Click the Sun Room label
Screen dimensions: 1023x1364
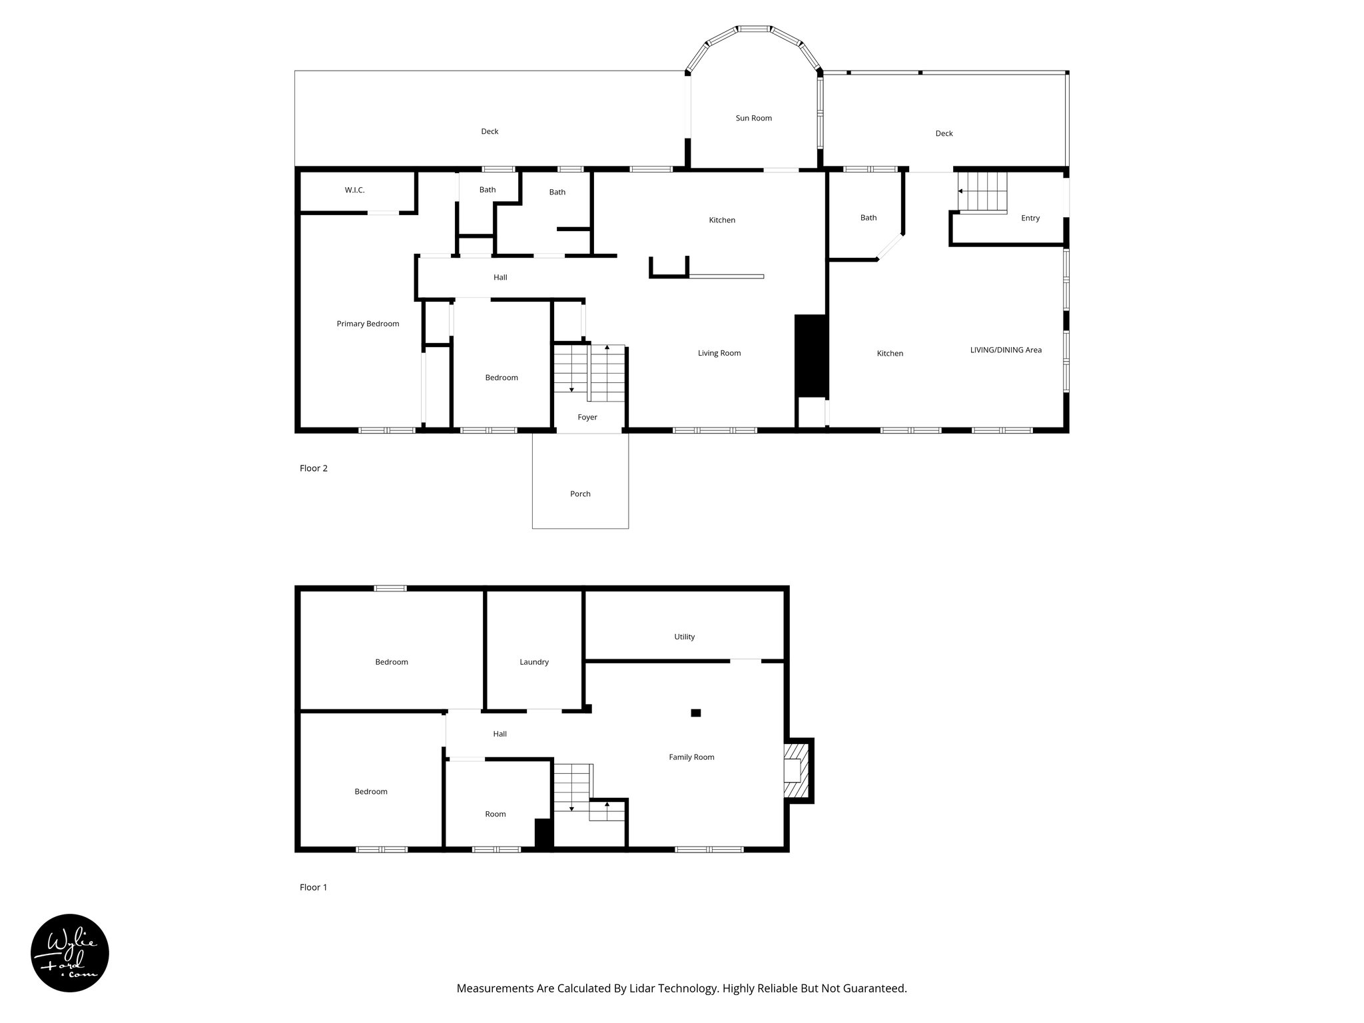point(753,119)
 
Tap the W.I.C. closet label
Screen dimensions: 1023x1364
point(354,190)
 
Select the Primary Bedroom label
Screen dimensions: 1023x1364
point(368,324)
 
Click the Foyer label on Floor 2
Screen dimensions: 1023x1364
point(587,418)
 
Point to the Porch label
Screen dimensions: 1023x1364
point(580,494)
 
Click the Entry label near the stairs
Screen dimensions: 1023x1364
point(1030,218)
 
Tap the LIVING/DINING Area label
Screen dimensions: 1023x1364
point(1005,350)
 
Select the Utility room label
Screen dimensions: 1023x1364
point(684,637)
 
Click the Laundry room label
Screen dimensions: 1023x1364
point(533,662)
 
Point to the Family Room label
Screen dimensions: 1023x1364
point(691,757)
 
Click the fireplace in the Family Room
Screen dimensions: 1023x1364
point(797,771)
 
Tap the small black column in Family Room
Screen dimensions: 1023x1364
point(695,713)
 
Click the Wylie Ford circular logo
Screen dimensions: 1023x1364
point(70,953)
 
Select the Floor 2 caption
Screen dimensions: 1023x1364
point(313,468)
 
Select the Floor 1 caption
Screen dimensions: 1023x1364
point(313,887)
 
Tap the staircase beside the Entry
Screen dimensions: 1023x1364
point(982,191)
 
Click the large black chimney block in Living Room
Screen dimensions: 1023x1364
point(811,356)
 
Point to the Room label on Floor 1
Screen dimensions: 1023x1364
point(495,814)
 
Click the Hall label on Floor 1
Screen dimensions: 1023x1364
point(500,734)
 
